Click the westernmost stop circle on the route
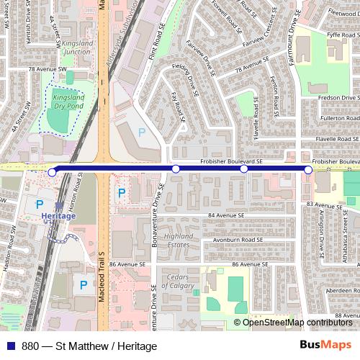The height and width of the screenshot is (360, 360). pyautogui.click(x=52, y=172)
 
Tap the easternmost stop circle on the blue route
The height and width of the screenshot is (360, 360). pyautogui.click(x=308, y=169)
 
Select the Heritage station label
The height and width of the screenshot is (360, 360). pyautogui.click(x=58, y=216)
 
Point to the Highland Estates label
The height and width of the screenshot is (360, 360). pyautogui.click(x=179, y=240)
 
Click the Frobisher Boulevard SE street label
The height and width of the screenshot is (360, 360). pyautogui.click(x=231, y=163)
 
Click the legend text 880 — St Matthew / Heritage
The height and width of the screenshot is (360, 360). pyautogui.click(x=89, y=346)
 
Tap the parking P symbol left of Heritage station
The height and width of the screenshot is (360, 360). pyautogui.click(x=40, y=206)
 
